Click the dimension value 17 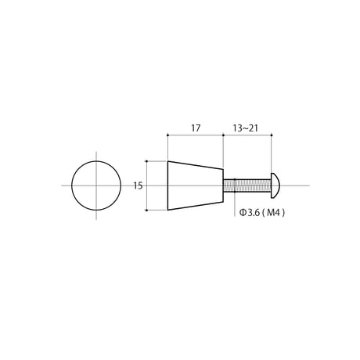click(x=196, y=128)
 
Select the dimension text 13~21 click(x=245, y=128)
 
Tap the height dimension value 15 click(x=139, y=185)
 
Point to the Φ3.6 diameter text click(x=250, y=213)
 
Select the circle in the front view click(x=96, y=161)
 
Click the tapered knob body click(x=196, y=185)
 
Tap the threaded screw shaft click(x=247, y=185)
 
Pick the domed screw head click(x=275, y=185)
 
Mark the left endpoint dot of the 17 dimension click(x=167, y=135)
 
